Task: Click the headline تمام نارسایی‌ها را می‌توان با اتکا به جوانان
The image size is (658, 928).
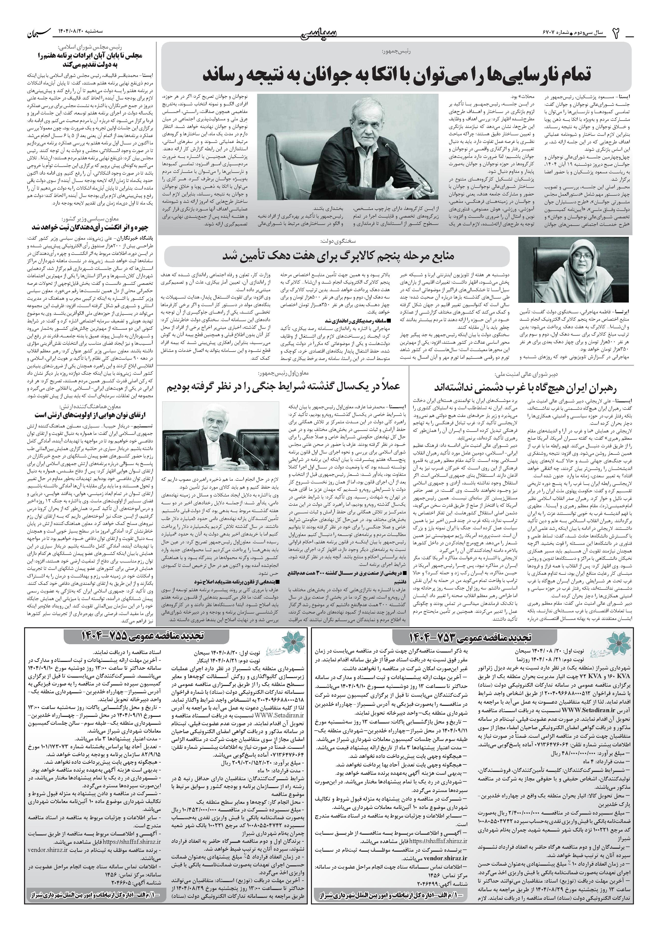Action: (396, 74)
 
